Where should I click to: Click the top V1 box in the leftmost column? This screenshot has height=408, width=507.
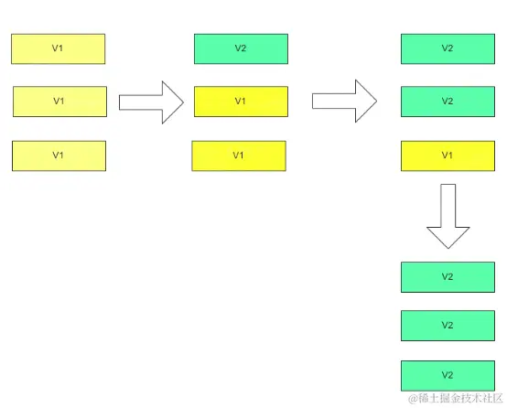click(58, 48)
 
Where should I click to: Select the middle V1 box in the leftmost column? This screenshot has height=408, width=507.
click(59, 102)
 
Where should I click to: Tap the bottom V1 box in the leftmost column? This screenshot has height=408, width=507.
click(59, 156)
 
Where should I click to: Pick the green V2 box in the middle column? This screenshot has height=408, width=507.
click(241, 48)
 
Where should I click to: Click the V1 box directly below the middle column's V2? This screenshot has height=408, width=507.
click(241, 102)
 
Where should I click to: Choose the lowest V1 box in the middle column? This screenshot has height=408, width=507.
click(238, 156)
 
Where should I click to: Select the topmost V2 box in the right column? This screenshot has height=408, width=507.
click(448, 48)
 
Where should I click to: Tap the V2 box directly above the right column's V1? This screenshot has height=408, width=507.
click(448, 102)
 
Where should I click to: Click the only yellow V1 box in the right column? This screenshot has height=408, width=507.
click(448, 156)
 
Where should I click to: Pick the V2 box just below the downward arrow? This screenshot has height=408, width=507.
click(448, 276)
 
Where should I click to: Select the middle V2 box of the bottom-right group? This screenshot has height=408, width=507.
click(448, 326)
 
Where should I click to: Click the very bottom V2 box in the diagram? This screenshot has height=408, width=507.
click(448, 375)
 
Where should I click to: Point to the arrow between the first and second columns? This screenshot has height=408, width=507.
click(152, 102)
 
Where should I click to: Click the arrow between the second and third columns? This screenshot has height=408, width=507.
click(343, 102)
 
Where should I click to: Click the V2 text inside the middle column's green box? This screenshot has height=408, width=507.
click(241, 48)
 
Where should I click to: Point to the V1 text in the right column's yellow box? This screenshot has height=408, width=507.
click(448, 156)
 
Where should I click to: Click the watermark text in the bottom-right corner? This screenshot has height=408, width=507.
click(456, 400)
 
